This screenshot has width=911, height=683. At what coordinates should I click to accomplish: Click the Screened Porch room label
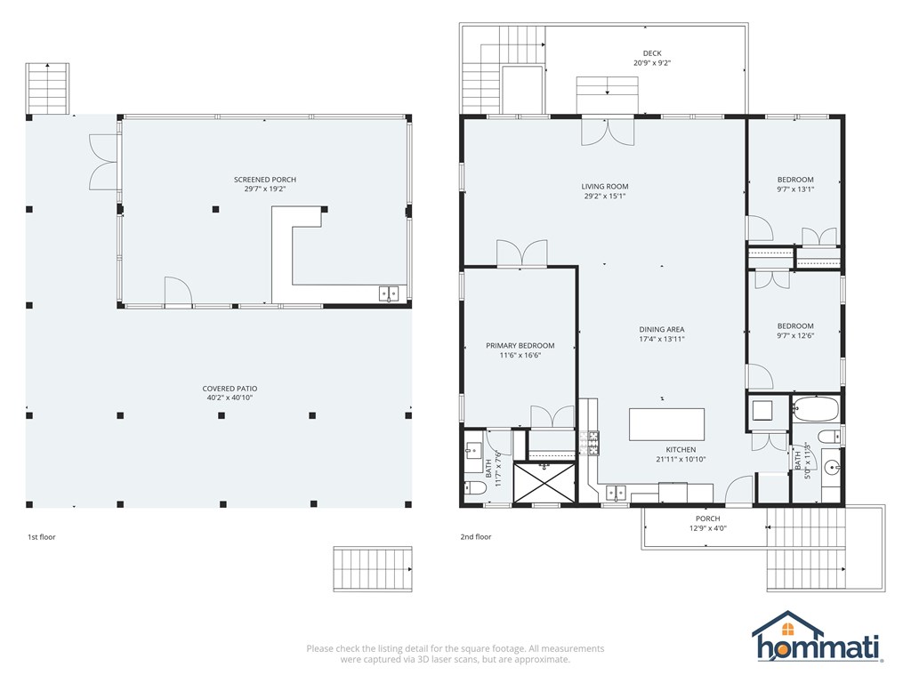pyautogui.click(x=265, y=180)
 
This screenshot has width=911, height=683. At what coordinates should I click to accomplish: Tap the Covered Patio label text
pyautogui.click(x=230, y=389)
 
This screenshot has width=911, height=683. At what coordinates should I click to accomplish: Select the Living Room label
pyautogui.click(x=605, y=187)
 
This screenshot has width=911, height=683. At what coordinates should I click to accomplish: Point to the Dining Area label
pyautogui.click(x=662, y=329)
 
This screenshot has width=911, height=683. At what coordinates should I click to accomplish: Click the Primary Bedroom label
pyautogui.click(x=520, y=346)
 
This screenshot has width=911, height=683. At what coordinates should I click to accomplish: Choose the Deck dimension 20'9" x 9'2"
pyautogui.click(x=652, y=63)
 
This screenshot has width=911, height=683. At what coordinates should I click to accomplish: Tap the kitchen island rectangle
pyautogui.click(x=667, y=424)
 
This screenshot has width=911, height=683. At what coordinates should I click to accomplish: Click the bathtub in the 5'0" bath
pyautogui.click(x=816, y=409)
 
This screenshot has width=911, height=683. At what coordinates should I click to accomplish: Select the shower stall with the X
pyautogui.click(x=544, y=482)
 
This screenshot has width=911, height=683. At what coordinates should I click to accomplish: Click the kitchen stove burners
pyautogui.click(x=589, y=443)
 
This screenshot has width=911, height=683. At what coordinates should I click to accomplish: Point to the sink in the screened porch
pyautogui.click(x=389, y=293)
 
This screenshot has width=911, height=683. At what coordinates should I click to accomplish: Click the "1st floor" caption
pyautogui.click(x=42, y=536)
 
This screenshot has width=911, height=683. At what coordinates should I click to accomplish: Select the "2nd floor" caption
pyautogui.click(x=476, y=536)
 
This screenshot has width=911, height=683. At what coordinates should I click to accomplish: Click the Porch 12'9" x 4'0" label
pyautogui.click(x=707, y=523)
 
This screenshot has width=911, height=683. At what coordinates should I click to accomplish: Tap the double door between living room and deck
pyautogui.click(x=608, y=132)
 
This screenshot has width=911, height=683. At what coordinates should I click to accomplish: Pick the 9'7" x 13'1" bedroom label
pyautogui.click(x=795, y=184)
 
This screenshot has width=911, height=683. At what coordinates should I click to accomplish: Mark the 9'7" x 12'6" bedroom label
pyautogui.click(x=795, y=331)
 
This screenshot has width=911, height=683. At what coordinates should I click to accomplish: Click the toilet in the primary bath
pyautogui.click(x=475, y=487)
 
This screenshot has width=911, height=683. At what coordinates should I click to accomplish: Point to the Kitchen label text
pyautogui.click(x=681, y=449)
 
